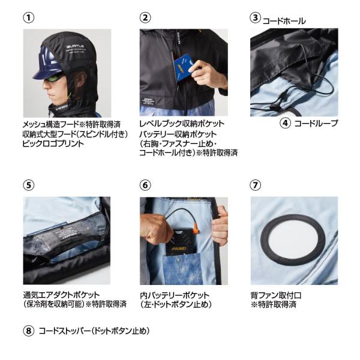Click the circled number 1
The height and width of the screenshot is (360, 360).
pos(29,17)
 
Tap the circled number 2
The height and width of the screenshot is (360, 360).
pos(145,17)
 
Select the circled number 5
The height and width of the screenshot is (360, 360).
pos(29,185)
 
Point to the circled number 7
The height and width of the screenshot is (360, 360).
pos(256,185)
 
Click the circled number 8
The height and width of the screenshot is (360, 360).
pos(29,331)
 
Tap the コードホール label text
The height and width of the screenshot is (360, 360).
pos(284,21)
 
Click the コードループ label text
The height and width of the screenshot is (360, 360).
pos(316,123)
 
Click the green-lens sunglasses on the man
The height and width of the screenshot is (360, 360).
pos(54,77)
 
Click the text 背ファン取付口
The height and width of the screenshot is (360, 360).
pos(276,295)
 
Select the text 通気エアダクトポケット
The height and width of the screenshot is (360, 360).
pos(61,295)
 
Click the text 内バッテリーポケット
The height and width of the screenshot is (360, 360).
pos(175,295)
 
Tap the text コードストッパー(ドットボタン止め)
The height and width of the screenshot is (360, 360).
pos(94,331)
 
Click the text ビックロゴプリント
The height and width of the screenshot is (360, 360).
pos(53,143)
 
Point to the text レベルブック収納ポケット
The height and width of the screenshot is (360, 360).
pos(182,124)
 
